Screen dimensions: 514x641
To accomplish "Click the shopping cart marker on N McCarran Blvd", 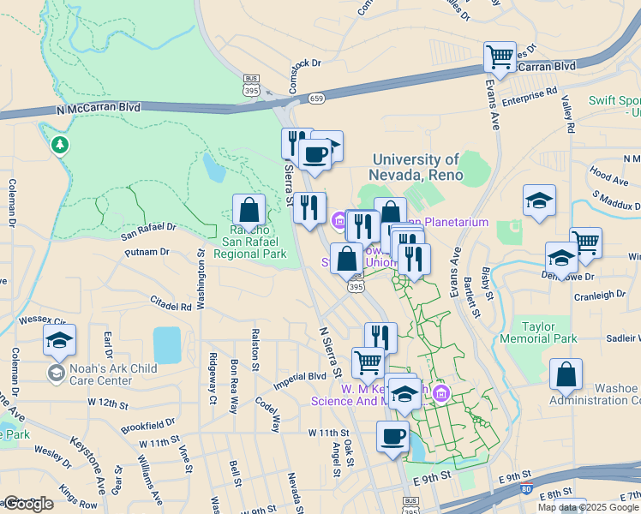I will pos(500,58).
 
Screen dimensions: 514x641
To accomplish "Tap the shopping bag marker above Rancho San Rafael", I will pos(249,210).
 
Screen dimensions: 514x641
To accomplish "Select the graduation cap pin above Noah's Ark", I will pos(59,340).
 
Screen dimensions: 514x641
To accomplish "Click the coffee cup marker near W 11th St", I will pos(392,436).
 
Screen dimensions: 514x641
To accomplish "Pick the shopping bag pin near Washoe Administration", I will pos(566,374).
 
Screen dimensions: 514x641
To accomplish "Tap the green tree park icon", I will pos(59,145).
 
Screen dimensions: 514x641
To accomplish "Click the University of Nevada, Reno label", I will pos(417,167).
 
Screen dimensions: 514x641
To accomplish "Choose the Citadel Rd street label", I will pos(171,305).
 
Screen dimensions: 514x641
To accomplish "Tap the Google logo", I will pos(27,504).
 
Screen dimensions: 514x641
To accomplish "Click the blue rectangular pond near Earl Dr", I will pos(166,344).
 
